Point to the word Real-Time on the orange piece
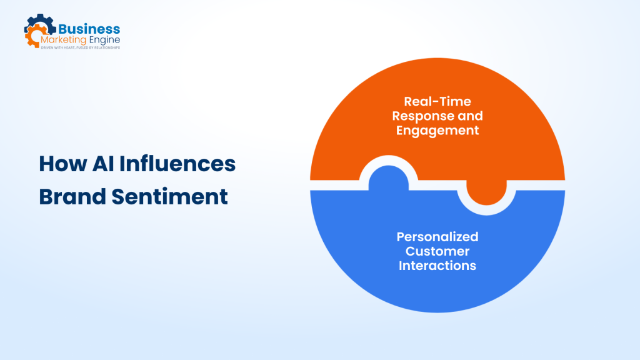437,101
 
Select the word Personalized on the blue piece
437,237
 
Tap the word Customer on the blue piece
437,251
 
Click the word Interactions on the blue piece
437,266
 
